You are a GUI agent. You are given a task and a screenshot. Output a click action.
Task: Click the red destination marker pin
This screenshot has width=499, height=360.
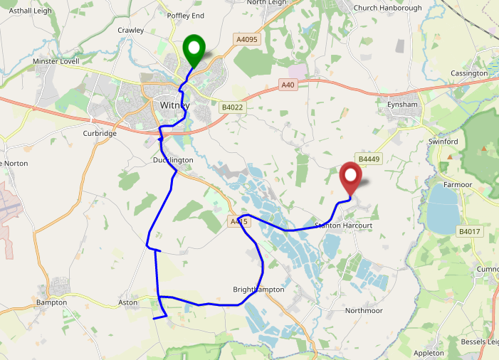[x=350, y=177]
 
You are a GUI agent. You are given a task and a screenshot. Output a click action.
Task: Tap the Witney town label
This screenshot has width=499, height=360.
[x=174, y=105]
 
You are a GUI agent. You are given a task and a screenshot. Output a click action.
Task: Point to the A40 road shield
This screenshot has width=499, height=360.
[x=288, y=85]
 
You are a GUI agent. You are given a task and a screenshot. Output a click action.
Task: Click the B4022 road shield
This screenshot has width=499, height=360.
[x=232, y=107]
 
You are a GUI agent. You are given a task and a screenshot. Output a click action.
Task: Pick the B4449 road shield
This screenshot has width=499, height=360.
[x=370, y=159]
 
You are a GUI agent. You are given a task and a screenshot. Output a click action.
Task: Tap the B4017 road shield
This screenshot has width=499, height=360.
[x=469, y=231]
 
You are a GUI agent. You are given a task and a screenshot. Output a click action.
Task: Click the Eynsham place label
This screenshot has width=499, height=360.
[x=402, y=105]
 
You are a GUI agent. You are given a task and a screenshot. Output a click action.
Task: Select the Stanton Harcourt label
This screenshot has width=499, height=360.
[x=343, y=226]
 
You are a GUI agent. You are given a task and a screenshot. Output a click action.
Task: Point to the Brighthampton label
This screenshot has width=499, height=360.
[x=258, y=290]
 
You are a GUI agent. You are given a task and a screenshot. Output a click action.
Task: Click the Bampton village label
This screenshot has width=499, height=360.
[x=51, y=302]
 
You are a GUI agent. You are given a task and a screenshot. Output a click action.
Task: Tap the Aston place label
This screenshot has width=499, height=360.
[x=127, y=302]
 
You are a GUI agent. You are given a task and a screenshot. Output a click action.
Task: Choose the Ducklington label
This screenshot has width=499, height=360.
[x=173, y=160]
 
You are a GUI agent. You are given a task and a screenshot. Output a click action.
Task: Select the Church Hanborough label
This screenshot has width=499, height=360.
[x=388, y=9]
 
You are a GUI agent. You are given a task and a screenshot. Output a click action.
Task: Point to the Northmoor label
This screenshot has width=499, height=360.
[x=364, y=311]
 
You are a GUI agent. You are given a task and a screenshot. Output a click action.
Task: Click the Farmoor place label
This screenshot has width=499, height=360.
[x=458, y=184]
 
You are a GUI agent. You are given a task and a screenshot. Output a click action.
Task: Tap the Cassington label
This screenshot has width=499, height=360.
[x=470, y=73]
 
